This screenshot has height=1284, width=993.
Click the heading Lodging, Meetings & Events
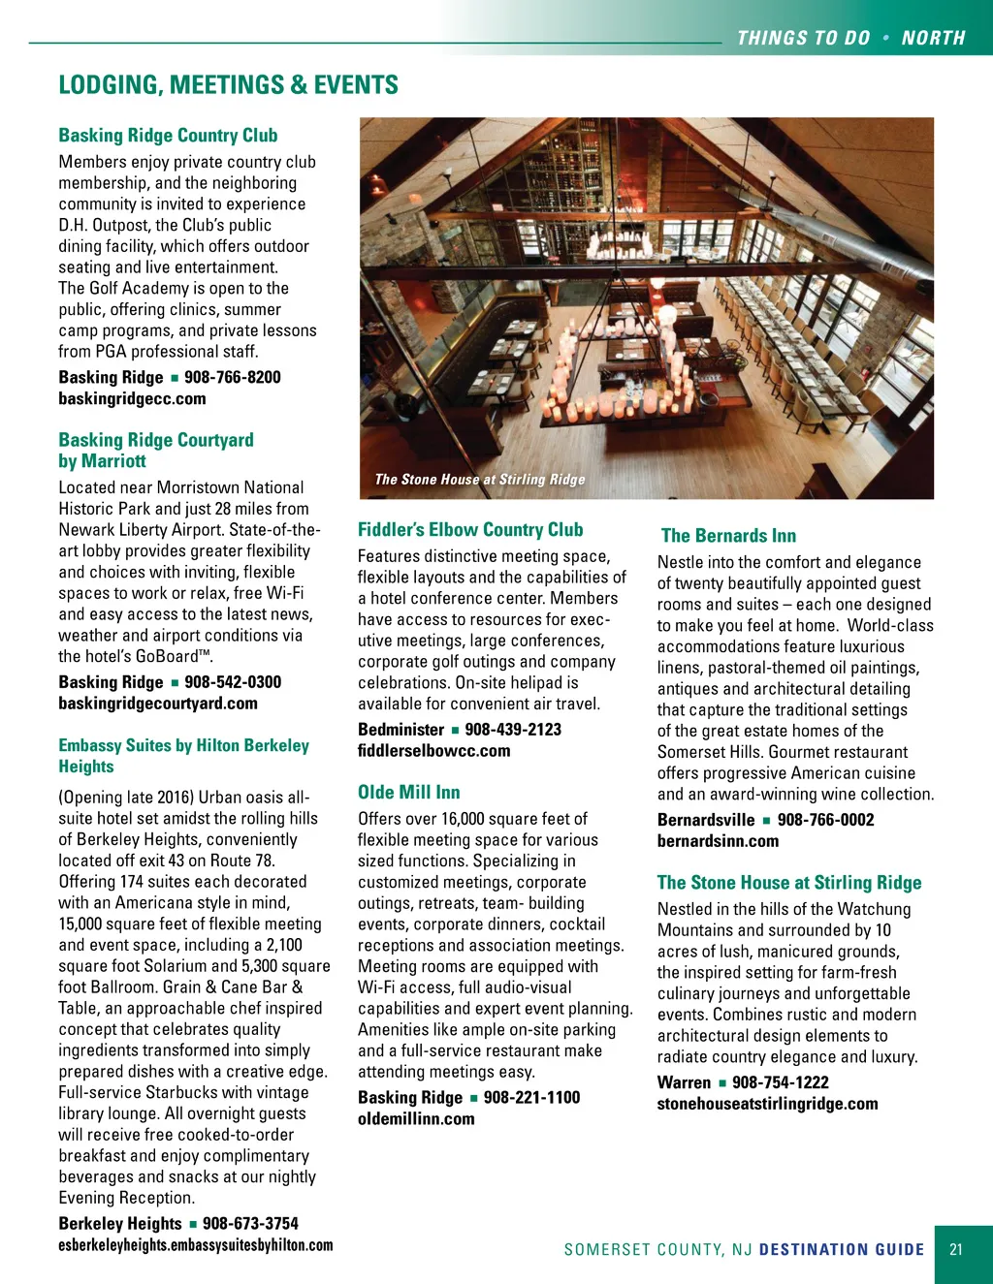[x=228, y=85]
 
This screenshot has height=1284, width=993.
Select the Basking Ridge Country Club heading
[x=168, y=136]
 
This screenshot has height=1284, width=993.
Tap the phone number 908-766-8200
[x=233, y=377]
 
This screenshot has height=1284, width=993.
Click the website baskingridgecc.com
[x=132, y=398]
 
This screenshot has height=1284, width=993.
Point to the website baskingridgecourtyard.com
[x=158, y=704]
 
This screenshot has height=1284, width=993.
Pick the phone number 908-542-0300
[x=233, y=682]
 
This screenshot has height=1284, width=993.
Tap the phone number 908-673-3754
[x=250, y=1224]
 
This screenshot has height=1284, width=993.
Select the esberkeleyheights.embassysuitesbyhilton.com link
[x=195, y=1245]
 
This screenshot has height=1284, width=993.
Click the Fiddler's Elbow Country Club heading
[x=470, y=530]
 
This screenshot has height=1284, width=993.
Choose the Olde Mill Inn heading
[x=408, y=793]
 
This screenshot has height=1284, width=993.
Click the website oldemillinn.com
[x=416, y=1119]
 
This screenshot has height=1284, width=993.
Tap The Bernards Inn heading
[x=728, y=536]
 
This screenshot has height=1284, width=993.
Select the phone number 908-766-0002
[x=825, y=820]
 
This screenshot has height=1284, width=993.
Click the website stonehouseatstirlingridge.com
[x=767, y=1104]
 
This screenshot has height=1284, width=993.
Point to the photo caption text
[x=480, y=480]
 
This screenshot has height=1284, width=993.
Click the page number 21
[x=956, y=1250]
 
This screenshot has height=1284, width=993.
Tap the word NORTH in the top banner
[x=933, y=39]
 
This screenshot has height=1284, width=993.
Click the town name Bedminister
[x=400, y=730]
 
